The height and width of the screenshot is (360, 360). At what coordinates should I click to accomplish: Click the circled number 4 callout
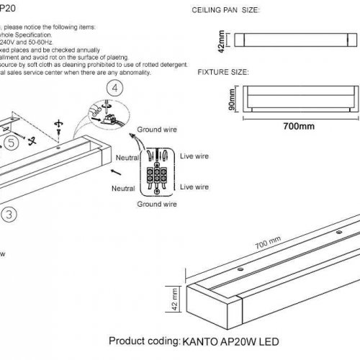(114, 89)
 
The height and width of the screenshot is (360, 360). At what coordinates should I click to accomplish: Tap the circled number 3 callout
(6, 214)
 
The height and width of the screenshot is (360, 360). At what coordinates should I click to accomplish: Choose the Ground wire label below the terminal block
(157, 204)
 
